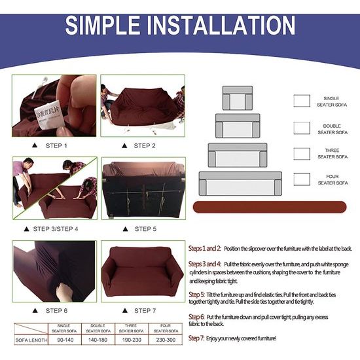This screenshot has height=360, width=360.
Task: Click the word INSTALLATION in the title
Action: [x=219, y=27]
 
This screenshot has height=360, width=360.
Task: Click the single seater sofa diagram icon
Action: [x=237, y=98]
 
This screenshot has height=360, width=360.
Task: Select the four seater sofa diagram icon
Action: [x=240, y=183]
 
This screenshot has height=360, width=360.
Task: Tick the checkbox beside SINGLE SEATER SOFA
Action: [x=302, y=100]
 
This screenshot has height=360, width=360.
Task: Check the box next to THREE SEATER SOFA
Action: [x=302, y=153]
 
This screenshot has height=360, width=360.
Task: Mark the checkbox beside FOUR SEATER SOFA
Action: [x=302, y=179]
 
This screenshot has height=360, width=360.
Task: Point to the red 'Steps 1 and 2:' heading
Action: [x=205, y=249]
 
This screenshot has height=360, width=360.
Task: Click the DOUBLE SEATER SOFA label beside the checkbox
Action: [x=333, y=129]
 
